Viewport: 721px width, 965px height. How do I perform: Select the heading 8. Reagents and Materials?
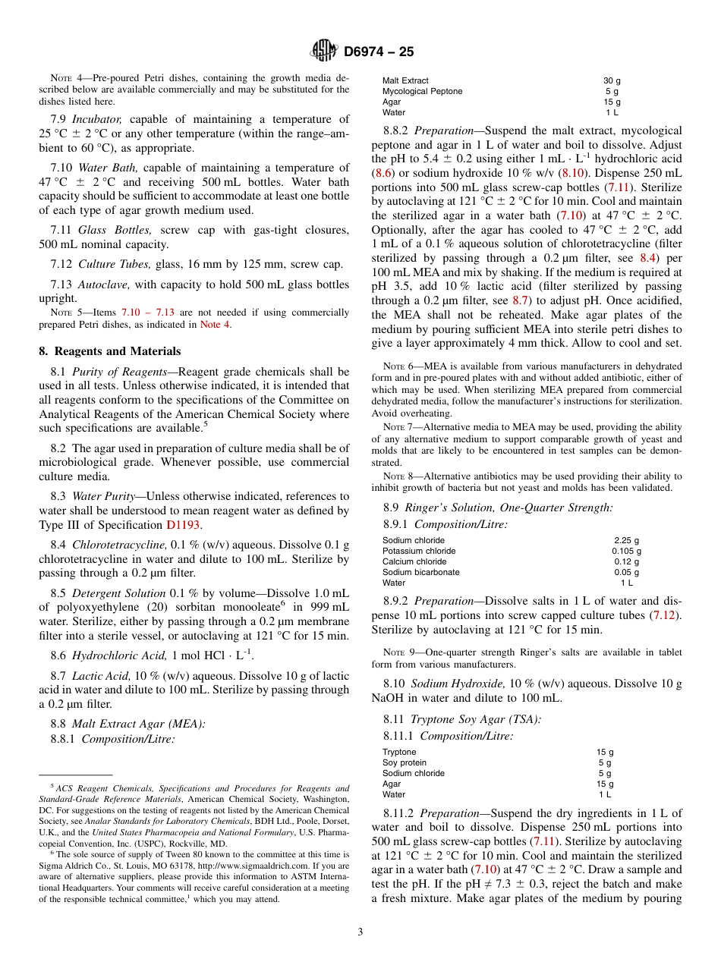point(110,351)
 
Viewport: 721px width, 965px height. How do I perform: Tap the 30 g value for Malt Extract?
point(612,80)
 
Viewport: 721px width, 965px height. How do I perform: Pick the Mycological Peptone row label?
point(422,91)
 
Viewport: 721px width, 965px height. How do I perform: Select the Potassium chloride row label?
point(419,552)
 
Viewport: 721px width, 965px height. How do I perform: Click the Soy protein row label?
point(405,762)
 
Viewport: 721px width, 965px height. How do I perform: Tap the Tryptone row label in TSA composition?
point(399,752)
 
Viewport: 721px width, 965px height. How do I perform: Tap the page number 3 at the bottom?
point(360,932)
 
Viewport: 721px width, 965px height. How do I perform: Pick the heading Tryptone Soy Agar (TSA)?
point(475,719)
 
